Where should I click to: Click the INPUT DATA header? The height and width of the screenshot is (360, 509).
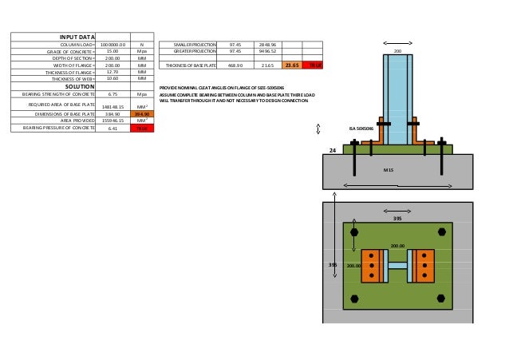click(x=77, y=37)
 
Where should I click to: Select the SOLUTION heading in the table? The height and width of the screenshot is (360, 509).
click(x=77, y=85)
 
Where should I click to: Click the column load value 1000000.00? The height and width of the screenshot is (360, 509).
click(x=112, y=45)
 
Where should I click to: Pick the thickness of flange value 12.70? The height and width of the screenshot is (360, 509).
click(x=112, y=72)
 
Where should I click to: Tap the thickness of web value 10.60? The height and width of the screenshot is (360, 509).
click(x=112, y=78)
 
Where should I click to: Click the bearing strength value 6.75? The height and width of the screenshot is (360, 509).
click(x=112, y=93)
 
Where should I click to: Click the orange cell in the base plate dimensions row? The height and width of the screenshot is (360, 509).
click(x=141, y=113)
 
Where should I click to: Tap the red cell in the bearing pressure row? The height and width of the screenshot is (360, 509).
click(x=141, y=127)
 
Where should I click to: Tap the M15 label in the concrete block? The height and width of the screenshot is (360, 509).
click(x=389, y=169)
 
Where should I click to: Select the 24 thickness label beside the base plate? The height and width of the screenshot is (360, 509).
click(x=333, y=149)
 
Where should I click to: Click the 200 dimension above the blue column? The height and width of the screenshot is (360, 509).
click(x=398, y=50)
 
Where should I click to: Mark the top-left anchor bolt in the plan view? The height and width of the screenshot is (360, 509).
click(x=354, y=232)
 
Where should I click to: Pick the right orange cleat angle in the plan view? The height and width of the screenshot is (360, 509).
click(x=423, y=266)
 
